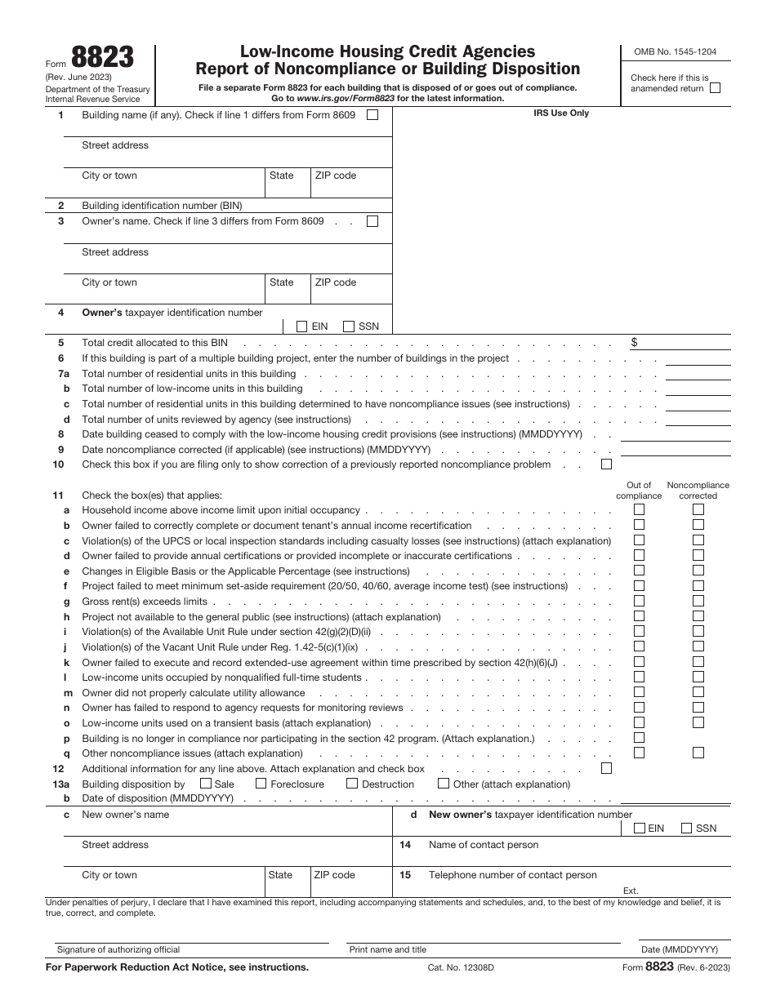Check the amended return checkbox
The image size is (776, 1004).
point(716,88)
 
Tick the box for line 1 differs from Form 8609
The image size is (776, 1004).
point(372,115)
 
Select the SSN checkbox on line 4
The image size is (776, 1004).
point(349,327)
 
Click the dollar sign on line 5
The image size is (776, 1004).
point(635,343)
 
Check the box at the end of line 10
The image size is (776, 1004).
point(606,464)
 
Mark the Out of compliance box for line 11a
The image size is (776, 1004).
point(639,510)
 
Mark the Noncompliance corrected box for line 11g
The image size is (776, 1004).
point(698,602)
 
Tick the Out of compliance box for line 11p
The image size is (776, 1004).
point(639,738)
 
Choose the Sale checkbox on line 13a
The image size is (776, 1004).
point(205,784)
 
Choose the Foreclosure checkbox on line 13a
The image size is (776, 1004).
point(261,784)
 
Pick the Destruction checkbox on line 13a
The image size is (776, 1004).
point(352,784)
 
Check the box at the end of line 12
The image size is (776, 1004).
point(606,768)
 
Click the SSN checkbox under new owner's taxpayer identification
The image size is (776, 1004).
point(686,828)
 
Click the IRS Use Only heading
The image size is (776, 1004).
point(561,113)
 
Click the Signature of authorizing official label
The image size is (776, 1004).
point(118,949)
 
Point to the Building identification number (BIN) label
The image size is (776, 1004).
point(162,206)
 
